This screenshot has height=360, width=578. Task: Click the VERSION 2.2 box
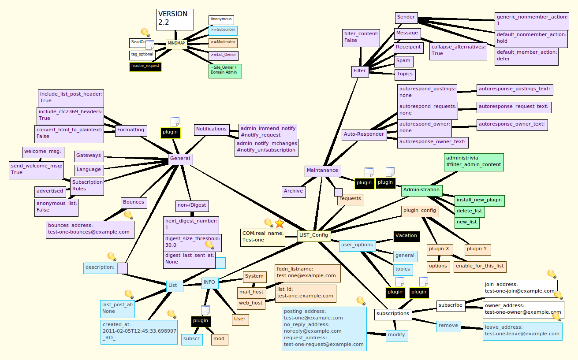pos(175,19)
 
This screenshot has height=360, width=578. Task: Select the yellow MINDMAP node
pos(176,44)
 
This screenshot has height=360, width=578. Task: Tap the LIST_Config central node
pos(313,235)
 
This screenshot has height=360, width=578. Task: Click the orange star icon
pos(280,223)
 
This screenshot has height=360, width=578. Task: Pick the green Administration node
pos(421,190)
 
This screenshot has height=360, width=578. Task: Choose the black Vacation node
pos(406,236)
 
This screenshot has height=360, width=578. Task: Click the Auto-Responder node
pos(364,134)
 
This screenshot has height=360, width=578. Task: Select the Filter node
pos(360,71)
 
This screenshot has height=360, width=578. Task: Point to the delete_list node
pos(470,211)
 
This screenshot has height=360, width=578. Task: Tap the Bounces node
pos(134,202)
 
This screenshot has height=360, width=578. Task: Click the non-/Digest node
pos(192,205)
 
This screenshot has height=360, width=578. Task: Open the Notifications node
pos(211,129)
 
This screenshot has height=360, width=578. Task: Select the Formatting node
pos(131,130)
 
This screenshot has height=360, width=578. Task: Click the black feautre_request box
pos(145,66)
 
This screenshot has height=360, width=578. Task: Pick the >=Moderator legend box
pos(223,43)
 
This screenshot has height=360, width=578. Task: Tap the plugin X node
pos(439,249)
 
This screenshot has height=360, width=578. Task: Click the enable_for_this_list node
pos(480,266)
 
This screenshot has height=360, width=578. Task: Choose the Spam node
pos(403,61)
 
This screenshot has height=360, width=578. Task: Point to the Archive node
pos(293,191)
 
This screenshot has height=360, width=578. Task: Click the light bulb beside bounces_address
pos(128,215)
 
